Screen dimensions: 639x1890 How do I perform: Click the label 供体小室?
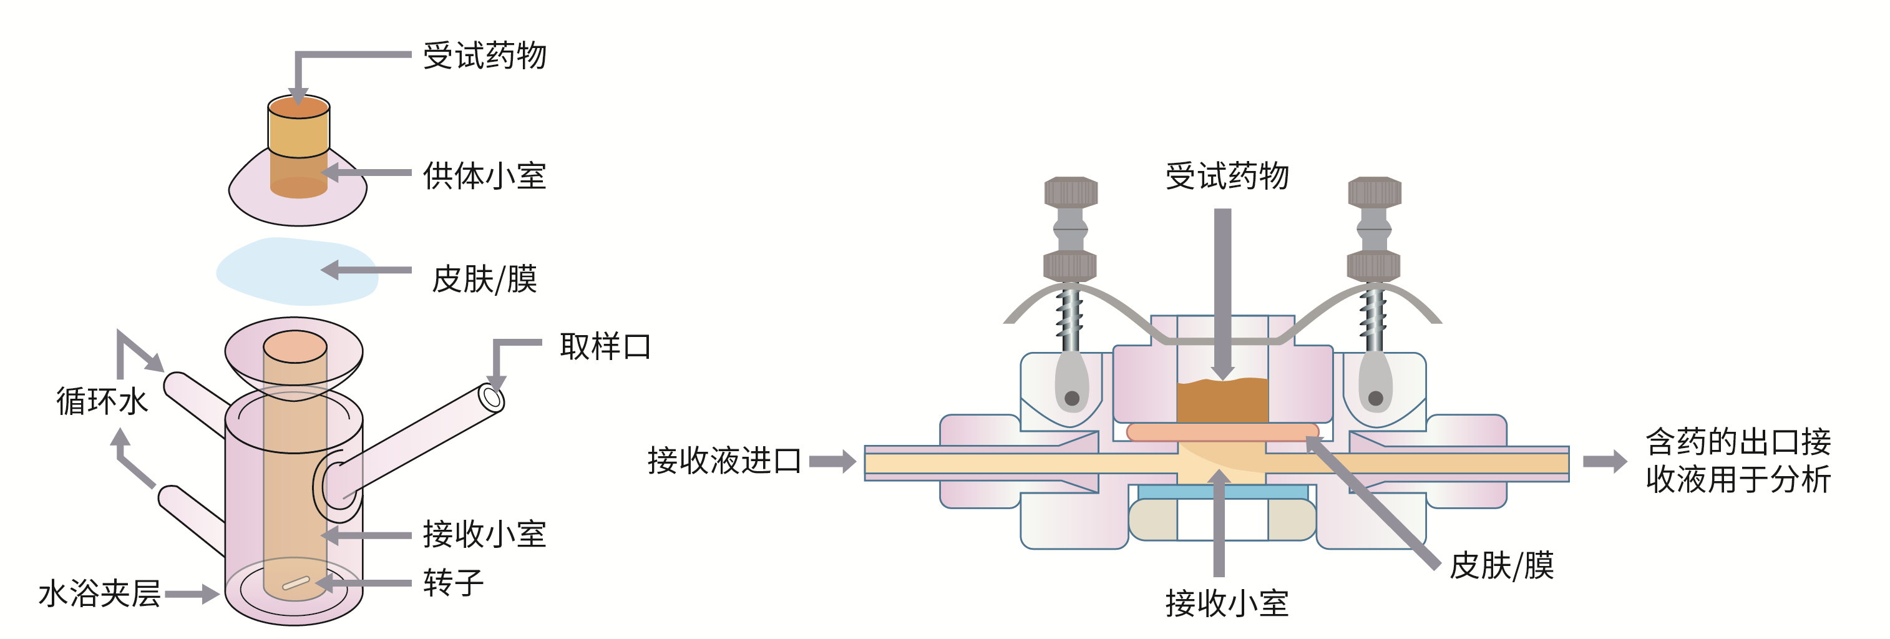click(484, 176)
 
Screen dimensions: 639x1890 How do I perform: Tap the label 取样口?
click(605, 346)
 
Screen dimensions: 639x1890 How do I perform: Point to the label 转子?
click(454, 583)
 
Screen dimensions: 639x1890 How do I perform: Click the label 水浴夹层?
click(99, 593)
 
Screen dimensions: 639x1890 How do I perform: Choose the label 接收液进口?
click(723, 461)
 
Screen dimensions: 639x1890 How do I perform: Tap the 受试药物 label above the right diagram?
click(1227, 176)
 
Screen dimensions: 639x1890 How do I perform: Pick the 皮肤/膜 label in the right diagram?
click(1501, 565)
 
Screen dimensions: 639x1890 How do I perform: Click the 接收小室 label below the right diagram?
click(1227, 603)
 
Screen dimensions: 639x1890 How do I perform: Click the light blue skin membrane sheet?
click(293, 271)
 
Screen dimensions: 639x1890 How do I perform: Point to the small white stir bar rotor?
click(296, 583)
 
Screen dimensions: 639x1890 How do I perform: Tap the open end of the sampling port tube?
click(492, 398)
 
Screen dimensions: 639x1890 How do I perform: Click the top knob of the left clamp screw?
click(1071, 192)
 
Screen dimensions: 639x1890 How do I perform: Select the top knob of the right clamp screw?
click(1374, 192)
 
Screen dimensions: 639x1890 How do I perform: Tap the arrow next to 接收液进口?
click(833, 461)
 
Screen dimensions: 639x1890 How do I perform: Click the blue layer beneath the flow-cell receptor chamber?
click(1222, 492)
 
